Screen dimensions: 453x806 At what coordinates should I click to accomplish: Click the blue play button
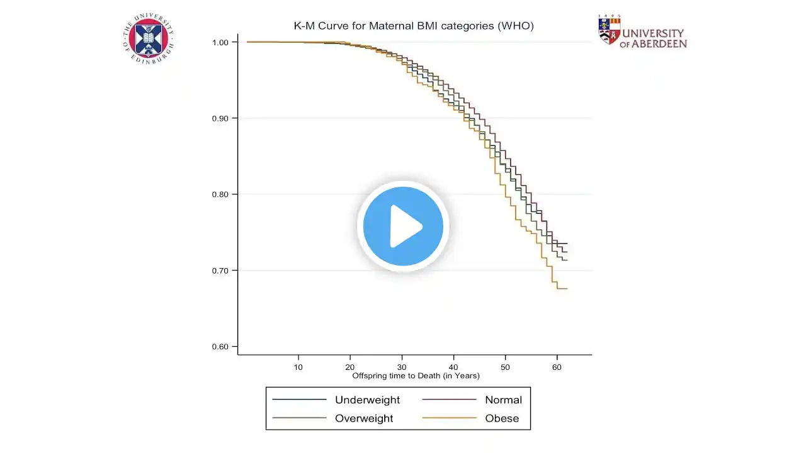[403, 226]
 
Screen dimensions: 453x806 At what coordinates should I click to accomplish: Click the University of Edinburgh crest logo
[149, 38]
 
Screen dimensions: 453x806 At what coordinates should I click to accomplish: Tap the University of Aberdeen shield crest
[609, 30]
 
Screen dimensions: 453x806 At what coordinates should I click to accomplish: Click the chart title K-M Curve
[414, 26]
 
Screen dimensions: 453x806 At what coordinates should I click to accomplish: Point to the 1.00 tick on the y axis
[224, 42]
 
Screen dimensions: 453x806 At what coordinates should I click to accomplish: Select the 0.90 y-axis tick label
[224, 118]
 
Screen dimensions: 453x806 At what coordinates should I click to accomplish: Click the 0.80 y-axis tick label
[224, 194]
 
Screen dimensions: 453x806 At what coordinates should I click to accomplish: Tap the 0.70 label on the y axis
[224, 271]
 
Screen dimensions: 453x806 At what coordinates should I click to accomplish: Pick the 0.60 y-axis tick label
[224, 347]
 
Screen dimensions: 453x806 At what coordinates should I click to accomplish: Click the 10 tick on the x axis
[298, 366]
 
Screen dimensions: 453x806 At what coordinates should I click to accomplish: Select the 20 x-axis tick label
[350, 366]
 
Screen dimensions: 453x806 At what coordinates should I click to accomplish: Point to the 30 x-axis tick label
[402, 366]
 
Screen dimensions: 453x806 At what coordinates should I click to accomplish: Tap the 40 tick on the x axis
[453, 366]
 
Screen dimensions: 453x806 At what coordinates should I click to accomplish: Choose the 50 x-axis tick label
[505, 366]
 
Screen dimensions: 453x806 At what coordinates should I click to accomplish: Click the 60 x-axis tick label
[557, 366]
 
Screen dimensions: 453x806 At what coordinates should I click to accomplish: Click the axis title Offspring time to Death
[416, 376]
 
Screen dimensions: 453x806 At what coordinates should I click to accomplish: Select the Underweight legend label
[367, 400]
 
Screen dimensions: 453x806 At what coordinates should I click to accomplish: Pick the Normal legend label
[503, 400]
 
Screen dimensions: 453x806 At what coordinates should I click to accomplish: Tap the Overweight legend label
[364, 418]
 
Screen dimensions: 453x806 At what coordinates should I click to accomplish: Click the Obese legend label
[502, 418]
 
